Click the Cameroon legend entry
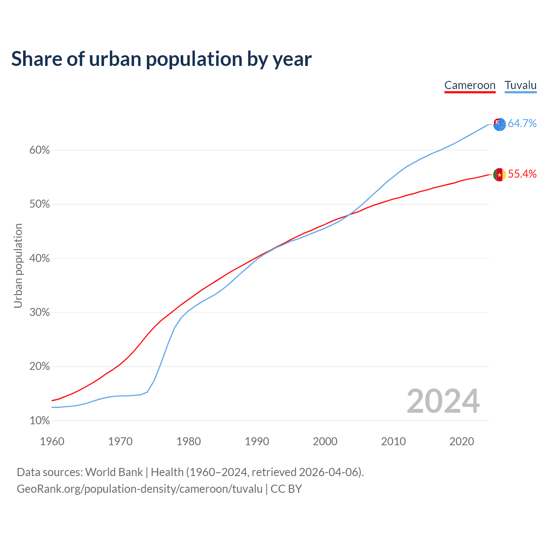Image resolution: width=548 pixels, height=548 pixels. click(x=470, y=85)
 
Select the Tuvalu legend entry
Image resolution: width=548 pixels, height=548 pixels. click(x=520, y=85)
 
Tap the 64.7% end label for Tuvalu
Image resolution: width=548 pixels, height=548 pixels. click(x=522, y=124)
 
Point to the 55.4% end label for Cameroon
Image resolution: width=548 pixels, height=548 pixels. click(x=522, y=174)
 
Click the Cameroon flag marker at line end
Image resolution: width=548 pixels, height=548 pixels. click(x=499, y=175)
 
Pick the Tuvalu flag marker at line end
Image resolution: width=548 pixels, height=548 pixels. click(x=499, y=125)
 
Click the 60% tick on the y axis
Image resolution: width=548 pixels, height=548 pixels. click(x=40, y=150)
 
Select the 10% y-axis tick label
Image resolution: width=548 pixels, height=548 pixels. click(x=40, y=421)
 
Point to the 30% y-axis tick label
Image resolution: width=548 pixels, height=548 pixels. click(x=40, y=313)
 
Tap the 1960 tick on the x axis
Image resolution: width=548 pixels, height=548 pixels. click(x=52, y=441)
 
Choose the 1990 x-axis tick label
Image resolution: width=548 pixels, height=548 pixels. click(x=257, y=441)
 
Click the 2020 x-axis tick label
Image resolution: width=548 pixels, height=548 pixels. click(x=462, y=441)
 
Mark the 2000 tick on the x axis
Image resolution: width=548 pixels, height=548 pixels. click(x=325, y=441)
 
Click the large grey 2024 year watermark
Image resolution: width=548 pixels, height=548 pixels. click(x=443, y=401)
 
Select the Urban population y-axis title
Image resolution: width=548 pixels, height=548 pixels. click(x=18, y=265)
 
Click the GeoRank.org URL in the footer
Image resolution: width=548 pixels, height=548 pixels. click(x=140, y=489)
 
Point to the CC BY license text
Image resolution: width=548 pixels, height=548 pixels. click(x=286, y=489)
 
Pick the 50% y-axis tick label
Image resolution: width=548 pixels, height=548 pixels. click(x=40, y=204)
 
